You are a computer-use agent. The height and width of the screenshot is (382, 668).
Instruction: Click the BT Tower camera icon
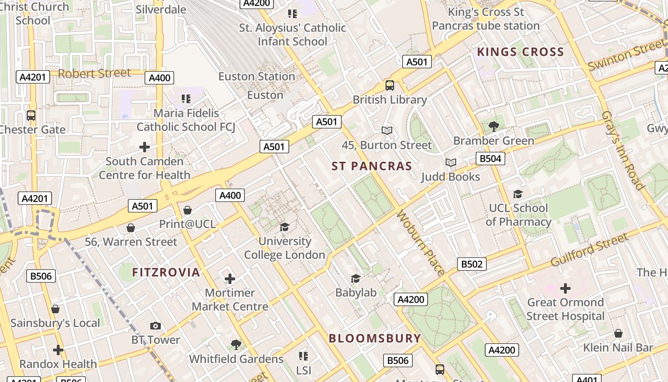pyautogui.click(x=155, y=326)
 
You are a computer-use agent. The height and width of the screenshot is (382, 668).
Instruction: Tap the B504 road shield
pyautogui.click(x=490, y=159)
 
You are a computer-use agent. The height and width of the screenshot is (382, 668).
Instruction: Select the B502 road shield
pyautogui.click(x=471, y=264)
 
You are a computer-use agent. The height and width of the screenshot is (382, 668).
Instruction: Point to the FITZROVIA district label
pyautogui.click(x=166, y=273)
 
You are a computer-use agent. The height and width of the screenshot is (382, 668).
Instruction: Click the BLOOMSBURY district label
pyautogui.click(x=375, y=339)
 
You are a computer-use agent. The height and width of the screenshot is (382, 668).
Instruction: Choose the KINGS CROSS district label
pyautogui.click(x=521, y=52)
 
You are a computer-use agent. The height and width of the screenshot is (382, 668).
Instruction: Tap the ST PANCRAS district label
pyautogui.click(x=372, y=166)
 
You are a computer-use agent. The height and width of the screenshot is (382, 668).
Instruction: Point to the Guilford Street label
pyautogui.click(x=589, y=250)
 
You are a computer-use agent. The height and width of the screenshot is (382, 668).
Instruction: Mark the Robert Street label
pyautogui.click(x=94, y=73)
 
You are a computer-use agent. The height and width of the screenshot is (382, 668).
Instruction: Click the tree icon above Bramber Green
pyautogui.click(x=493, y=127)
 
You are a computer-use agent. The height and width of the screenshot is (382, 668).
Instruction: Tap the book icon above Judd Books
pyautogui.click(x=451, y=163)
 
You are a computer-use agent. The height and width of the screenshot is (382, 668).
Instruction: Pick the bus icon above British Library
pyautogui.click(x=390, y=85)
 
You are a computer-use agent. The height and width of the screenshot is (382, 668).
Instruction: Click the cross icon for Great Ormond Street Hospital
pyautogui.click(x=565, y=288)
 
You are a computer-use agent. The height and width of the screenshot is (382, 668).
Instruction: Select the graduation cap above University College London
pyautogui.click(x=284, y=227)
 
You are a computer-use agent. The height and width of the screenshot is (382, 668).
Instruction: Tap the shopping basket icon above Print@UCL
pyautogui.click(x=188, y=210)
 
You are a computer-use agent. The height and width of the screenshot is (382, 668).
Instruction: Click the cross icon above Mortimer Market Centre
pyautogui.click(x=230, y=279)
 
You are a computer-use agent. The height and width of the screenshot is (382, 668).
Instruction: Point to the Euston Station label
pyautogui.click(x=257, y=76)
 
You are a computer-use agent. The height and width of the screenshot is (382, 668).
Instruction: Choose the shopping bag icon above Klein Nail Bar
pyautogui.click(x=618, y=333)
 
